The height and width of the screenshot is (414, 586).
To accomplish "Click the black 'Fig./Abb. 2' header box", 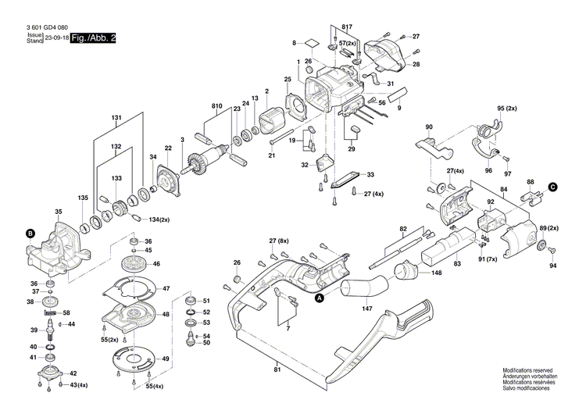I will click(x=93, y=37).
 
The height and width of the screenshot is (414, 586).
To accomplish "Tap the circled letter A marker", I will click(x=319, y=297).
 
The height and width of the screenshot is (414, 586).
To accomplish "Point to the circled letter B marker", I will click(x=30, y=233).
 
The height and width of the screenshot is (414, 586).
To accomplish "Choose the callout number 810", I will click(x=216, y=105).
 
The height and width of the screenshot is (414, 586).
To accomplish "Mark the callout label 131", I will click(x=116, y=119).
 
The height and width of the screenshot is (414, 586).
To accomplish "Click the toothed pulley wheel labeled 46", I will click(x=136, y=265).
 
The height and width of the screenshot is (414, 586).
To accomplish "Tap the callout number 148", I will click(x=436, y=273).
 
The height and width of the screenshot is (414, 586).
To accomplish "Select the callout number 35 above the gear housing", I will click(x=58, y=212).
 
